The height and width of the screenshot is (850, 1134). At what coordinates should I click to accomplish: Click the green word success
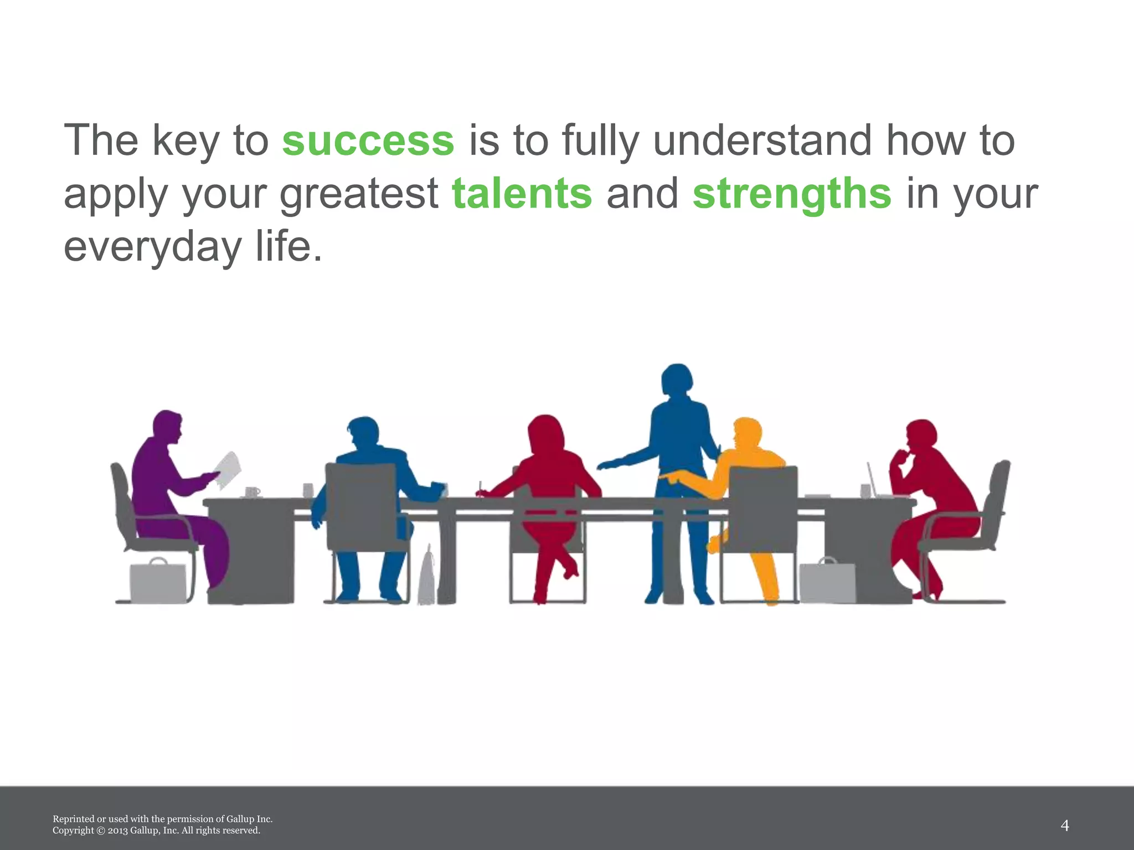(x=368, y=141)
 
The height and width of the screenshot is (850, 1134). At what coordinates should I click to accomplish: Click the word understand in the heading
(x=764, y=141)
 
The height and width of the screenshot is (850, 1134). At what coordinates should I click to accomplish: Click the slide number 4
(x=1064, y=826)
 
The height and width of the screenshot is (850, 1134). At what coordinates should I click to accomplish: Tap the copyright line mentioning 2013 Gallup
(x=156, y=831)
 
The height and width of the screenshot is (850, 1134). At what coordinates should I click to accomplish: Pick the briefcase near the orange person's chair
(x=827, y=582)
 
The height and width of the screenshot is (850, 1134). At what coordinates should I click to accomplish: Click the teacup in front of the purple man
(x=252, y=492)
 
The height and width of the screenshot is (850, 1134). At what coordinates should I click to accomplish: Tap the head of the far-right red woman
(x=921, y=435)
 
